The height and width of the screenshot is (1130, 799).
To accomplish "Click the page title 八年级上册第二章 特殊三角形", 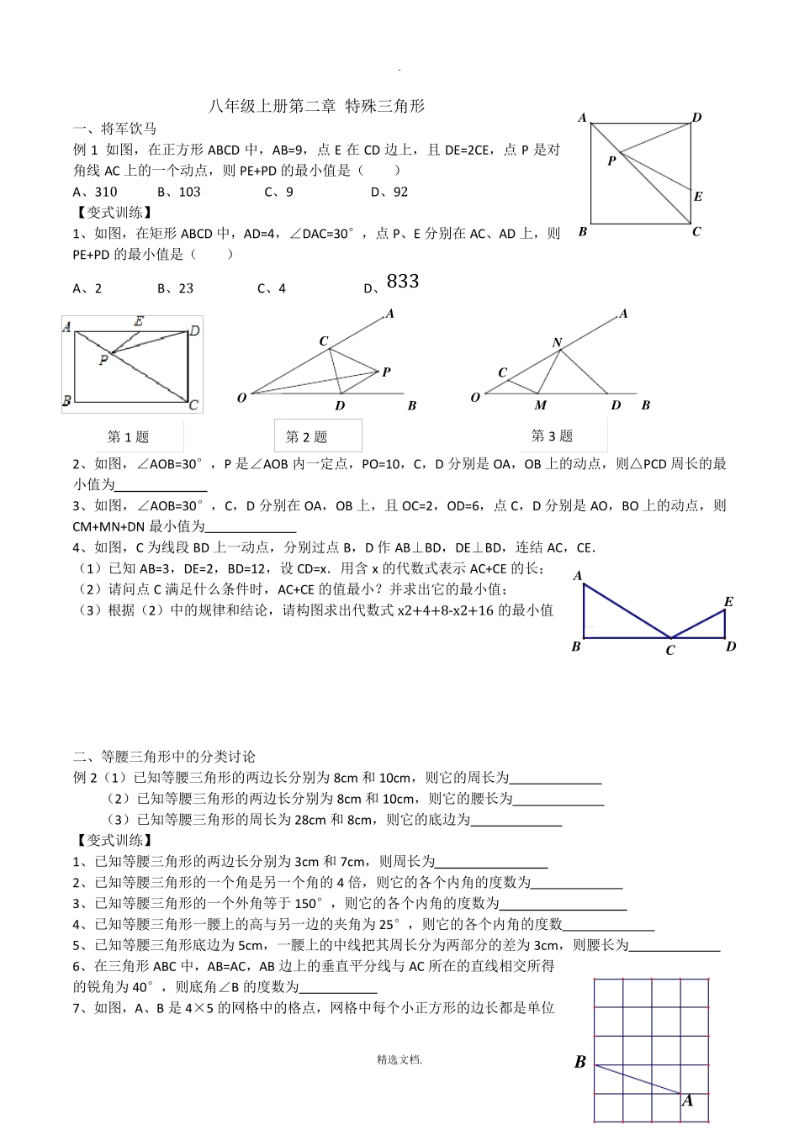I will [316, 106].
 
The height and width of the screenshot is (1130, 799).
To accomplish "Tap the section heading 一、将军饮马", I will [114, 129].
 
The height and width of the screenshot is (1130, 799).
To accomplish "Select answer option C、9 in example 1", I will [278, 192].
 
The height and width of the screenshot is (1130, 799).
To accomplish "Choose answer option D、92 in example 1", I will [389, 192].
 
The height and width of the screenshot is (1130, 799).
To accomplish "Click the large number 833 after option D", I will [403, 282].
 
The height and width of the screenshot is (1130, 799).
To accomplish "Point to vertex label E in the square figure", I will [698, 197].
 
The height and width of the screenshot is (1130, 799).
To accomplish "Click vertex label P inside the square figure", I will [611, 161].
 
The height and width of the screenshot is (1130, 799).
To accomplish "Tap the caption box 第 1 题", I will [128, 436].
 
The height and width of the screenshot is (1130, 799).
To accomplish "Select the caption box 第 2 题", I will [307, 436].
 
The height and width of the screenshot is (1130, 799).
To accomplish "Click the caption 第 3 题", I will [552, 436].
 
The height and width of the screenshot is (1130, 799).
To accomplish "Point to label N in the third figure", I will [557, 342].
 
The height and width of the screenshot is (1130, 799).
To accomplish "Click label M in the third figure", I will [540, 405].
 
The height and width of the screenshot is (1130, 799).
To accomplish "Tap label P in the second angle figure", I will [386, 372].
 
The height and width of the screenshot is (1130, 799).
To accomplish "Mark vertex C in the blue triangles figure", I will [670, 651].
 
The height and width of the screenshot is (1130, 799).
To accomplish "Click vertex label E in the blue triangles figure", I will [728, 602].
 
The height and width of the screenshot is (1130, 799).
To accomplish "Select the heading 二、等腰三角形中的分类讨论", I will [164, 757].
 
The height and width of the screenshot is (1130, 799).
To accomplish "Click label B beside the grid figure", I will [579, 1062].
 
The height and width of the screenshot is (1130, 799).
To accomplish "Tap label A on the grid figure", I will [687, 1101].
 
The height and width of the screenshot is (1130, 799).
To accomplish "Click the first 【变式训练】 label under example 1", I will [114, 213].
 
